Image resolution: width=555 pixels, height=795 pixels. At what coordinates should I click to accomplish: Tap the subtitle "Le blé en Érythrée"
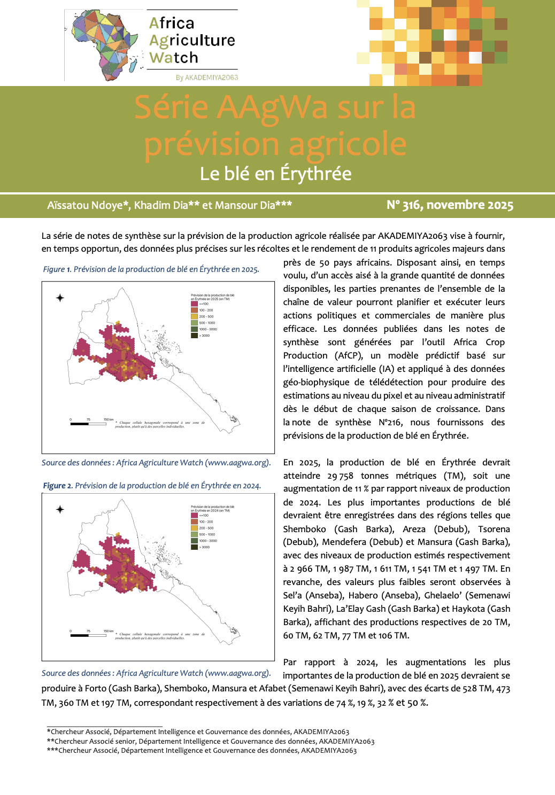pyautogui.click(x=275, y=174)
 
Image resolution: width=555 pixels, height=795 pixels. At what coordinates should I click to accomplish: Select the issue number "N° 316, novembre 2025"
pyautogui.click(x=450, y=205)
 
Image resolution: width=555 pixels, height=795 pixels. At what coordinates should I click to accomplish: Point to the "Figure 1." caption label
pyautogui.click(x=57, y=269)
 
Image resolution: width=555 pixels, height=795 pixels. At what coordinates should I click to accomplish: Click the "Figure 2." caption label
pyautogui.click(x=58, y=486)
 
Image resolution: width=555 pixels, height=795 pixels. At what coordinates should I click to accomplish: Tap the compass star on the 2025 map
pyautogui.click(x=60, y=298)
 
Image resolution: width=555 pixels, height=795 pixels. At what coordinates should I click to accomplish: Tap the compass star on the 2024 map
pyautogui.click(x=60, y=509)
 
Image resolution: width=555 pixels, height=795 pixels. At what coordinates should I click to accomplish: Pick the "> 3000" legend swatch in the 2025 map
pyautogui.click(x=195, y=336)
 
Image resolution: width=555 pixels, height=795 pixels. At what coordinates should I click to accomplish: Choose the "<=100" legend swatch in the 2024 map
pyautogui.click(x=195, y=515)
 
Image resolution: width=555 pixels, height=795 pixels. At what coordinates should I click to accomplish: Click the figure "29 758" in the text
pyautogui.click(x=340, y=476)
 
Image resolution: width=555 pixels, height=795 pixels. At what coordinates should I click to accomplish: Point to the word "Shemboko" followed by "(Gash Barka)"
pyautogui.click(x=304, y=529)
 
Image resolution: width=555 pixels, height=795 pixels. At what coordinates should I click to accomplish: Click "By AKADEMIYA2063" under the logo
pyautogui.click(x=207, y=77)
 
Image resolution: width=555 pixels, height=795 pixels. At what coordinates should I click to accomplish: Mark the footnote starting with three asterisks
pyautogui.click(x=202, y=751)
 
